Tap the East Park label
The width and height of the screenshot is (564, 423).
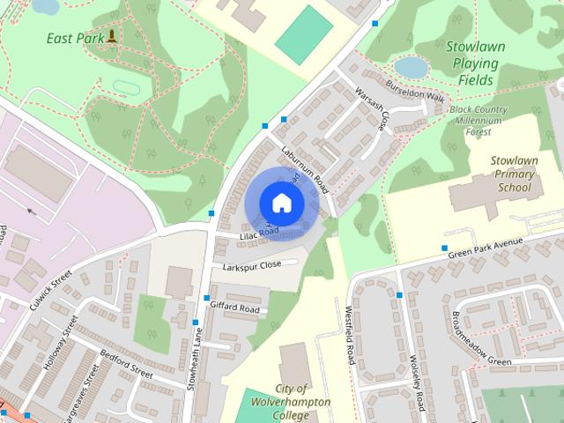click(x=72, y=38)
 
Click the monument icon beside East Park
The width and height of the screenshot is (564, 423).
click(x=113, y=37)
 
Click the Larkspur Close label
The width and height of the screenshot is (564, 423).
click(x=252, y=265)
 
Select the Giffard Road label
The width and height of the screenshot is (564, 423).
click(x=234, y=308)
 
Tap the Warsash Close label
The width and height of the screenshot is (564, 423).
click(x=371, y=108)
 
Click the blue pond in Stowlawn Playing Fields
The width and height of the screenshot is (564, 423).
click(x=411, y=67)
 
